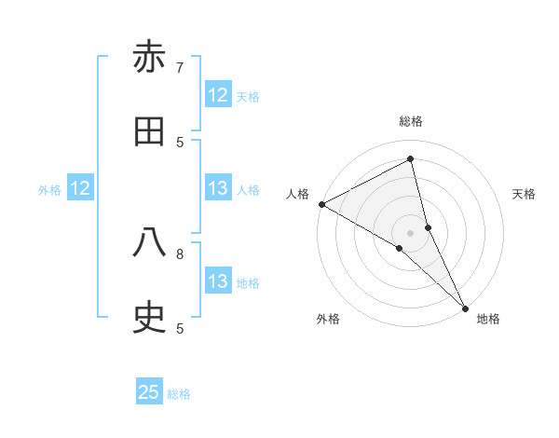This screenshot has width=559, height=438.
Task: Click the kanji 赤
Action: click(149, 58)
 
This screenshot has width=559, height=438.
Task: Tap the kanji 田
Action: click(149, 132)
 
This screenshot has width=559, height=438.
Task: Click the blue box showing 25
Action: click(149, 392)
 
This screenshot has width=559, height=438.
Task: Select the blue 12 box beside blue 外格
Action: click(80, 188)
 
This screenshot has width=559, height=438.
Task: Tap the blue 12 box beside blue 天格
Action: click(218, 95)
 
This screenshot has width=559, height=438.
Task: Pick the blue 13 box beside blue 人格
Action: click(218, 188)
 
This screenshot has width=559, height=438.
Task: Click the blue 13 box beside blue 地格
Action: click(218, 281)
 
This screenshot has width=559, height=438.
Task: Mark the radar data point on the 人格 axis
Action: click(321, 204)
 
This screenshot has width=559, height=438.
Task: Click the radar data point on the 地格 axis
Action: click(465, 307)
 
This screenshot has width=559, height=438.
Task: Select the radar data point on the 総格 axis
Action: click(410, 159)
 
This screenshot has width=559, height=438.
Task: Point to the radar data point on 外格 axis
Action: click(399, 248)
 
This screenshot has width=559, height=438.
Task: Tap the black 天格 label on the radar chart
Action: click(524, 194)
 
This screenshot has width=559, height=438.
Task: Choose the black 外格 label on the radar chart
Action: click(328, 319)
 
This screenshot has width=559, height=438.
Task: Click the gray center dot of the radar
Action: click(410, 232)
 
